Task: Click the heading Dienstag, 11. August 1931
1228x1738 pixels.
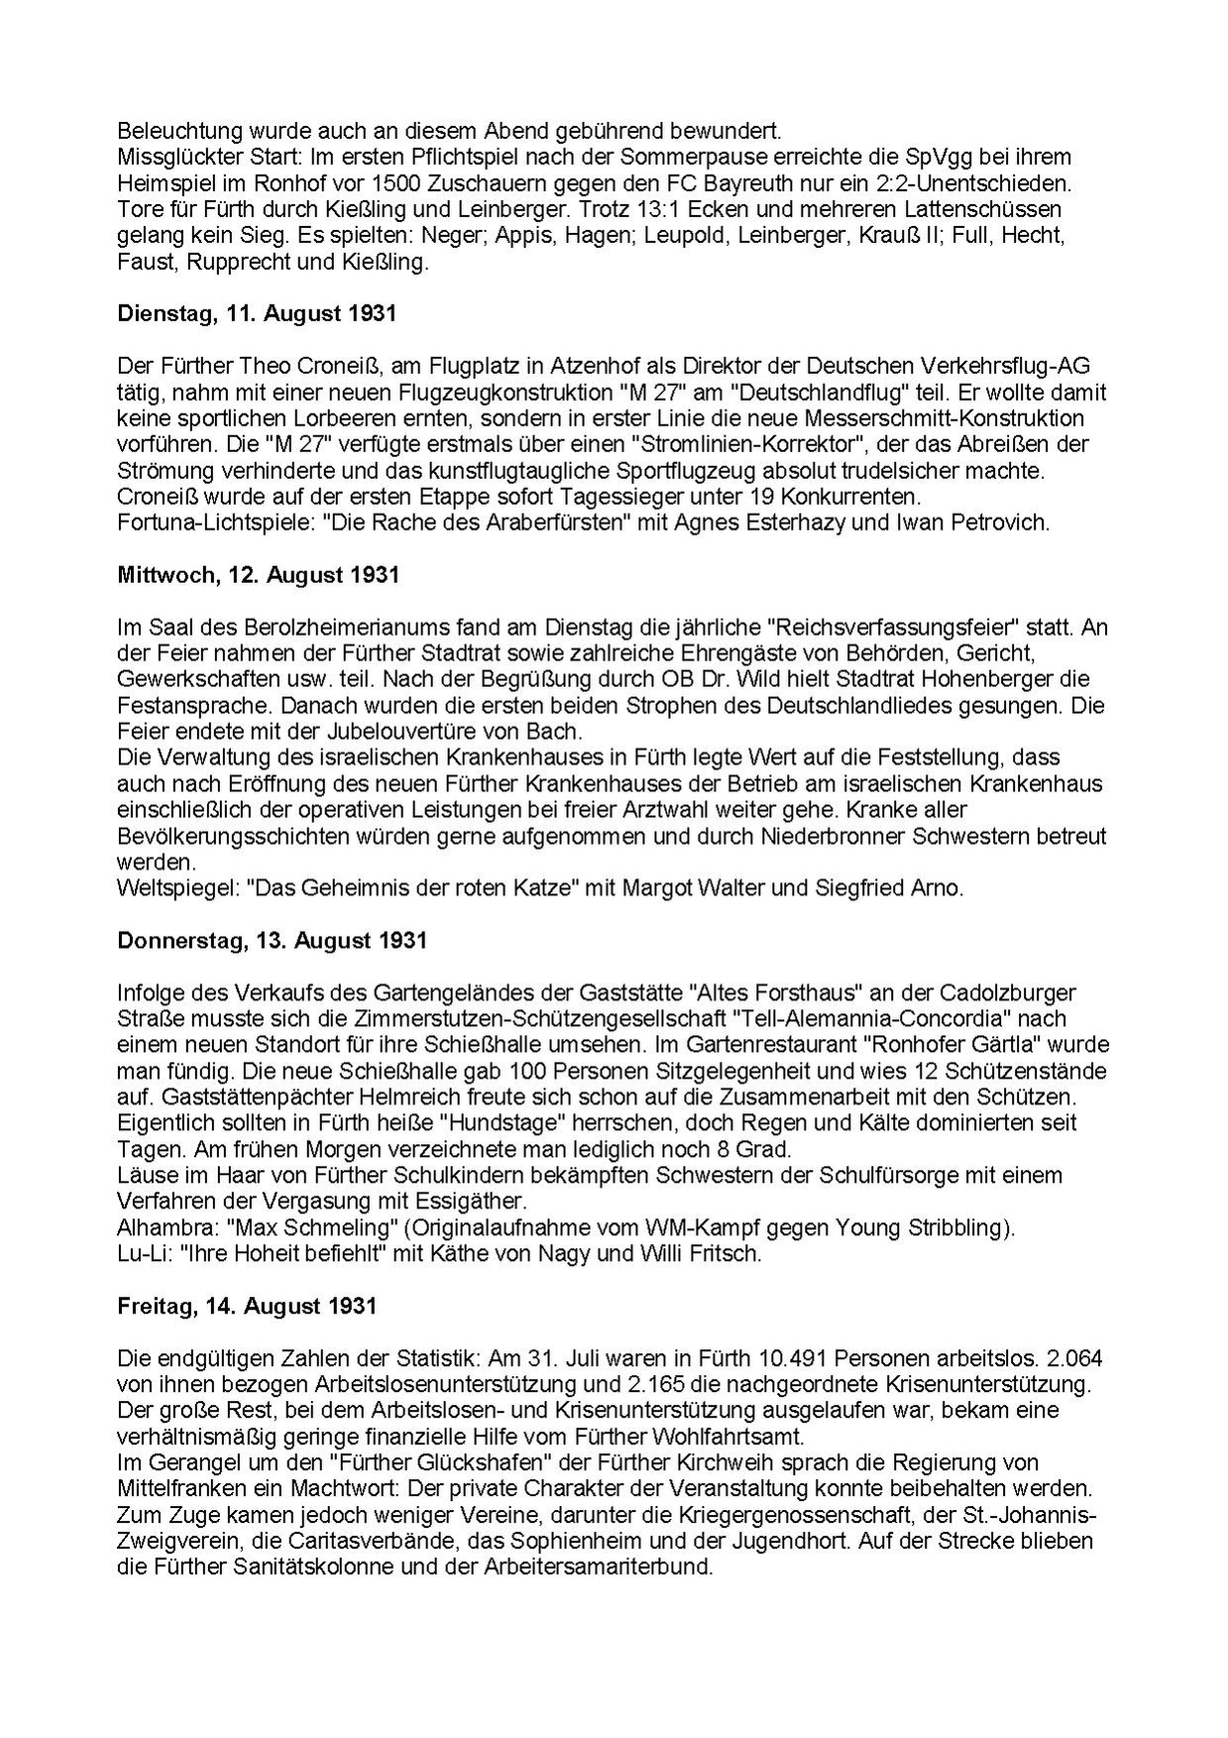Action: tap(257, 314)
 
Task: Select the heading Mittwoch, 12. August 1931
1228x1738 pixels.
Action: tap(258, 575)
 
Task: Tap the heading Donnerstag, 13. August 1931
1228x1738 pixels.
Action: tap(272, 940)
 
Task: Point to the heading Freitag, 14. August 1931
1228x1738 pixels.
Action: tap(247, 1306)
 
